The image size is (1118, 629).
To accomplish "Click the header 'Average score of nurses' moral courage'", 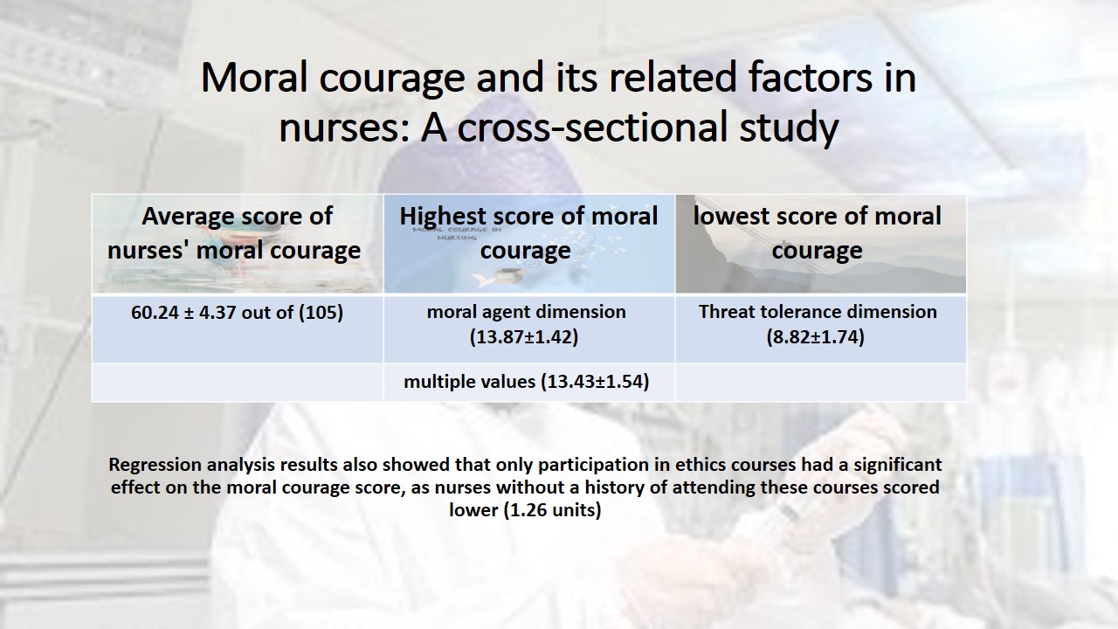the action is coord(235,233).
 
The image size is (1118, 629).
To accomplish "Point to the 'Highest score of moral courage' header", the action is coord(528,233).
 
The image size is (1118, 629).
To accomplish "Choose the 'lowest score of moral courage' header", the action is coord(817,233).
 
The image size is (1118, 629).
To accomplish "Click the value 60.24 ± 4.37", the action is coord(183,313).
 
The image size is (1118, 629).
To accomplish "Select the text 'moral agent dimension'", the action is coord(526,312).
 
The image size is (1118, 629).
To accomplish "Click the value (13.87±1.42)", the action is coord(524,337).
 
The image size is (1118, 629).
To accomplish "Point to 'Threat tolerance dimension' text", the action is coord(818,312).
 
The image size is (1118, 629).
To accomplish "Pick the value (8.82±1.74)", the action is coord(816,337).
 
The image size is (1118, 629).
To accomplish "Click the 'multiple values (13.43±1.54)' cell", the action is coord(526,382).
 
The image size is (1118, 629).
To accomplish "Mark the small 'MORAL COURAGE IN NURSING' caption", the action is coord(457,233).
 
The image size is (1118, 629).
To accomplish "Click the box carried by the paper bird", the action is coord(509,274).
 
